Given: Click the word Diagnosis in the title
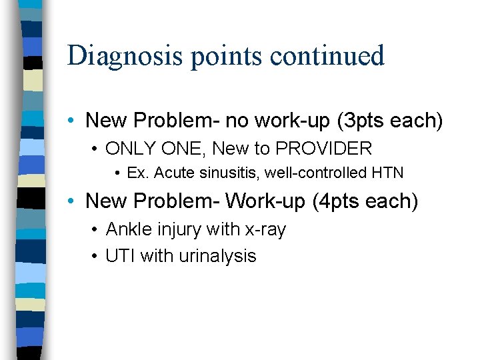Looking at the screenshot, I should [x=125, y=55].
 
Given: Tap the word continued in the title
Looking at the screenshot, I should [x=329, y=55].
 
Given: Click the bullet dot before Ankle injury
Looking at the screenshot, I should [x=96, y=230].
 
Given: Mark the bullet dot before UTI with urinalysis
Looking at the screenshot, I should [x=96, y=257].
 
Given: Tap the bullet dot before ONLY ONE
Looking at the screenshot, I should [x=96, y=149].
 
